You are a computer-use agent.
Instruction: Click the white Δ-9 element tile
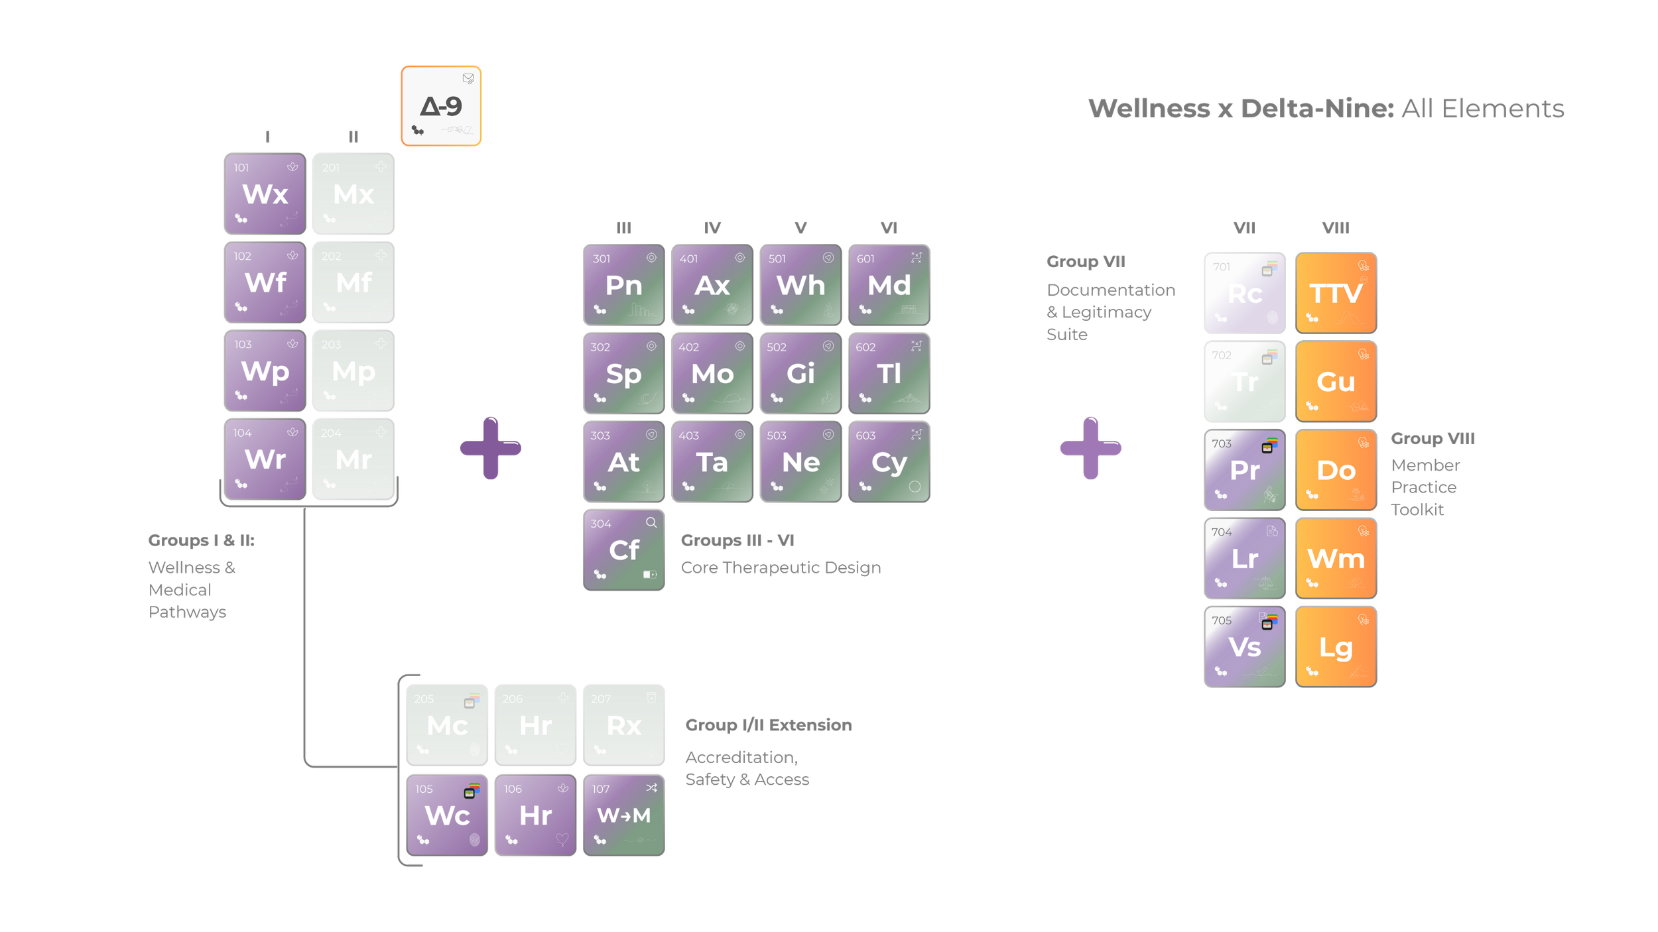click(441, 106)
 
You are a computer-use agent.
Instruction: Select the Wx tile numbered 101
click(265, 194)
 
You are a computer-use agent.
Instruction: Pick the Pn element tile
click(623, 285)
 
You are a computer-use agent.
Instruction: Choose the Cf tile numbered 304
click(623, 550)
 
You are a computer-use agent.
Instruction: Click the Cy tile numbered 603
click(889, 462)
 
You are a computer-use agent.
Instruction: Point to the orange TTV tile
click(1336, 293)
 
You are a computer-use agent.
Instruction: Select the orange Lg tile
click(1336, 647)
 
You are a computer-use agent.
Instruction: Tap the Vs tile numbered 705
click(1245, 647)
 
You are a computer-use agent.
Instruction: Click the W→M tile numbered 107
click(623, 815)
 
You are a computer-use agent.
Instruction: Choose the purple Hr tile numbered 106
click(535, 815)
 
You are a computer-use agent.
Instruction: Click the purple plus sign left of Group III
click(491, 448)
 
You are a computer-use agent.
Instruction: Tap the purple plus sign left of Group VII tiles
click(1091, 448)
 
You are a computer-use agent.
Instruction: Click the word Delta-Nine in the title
click(1317, 109)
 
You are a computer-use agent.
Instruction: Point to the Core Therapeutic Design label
click(781, 567)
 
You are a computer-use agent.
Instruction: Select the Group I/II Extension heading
click(768, 725)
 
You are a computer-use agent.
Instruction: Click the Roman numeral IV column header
click(712, 228)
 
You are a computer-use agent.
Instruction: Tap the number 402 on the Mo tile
click(688, 347)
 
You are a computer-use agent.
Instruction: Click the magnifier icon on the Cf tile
click(651, 522)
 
